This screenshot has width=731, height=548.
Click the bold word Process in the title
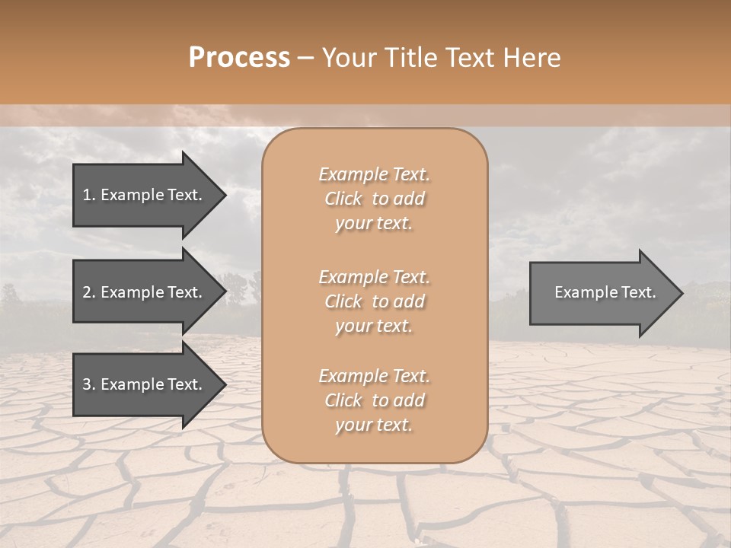pos(239,58)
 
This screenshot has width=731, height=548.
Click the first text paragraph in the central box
pos(375,199)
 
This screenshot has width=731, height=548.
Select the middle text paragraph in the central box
pos(375,301)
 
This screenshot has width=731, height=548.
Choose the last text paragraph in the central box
pos(375,400)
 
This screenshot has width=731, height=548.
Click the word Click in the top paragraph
pos(343,199)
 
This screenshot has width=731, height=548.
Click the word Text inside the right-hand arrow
pos(639,292)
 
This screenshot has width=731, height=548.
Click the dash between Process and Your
pos(306,59)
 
